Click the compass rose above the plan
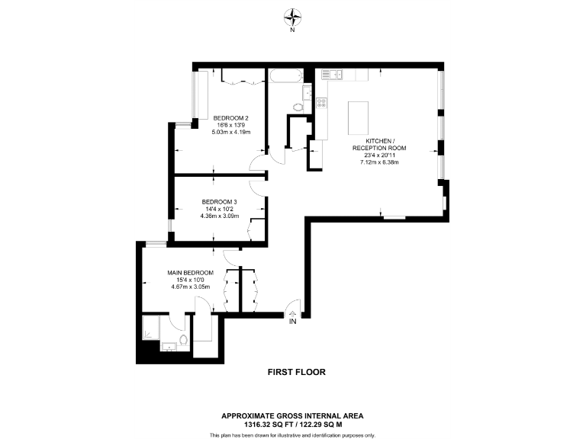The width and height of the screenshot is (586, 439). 292,16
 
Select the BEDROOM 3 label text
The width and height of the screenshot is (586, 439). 220,201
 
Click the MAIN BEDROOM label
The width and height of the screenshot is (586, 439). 191,272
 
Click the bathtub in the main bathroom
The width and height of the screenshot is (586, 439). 286,76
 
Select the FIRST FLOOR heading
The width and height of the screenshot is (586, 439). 296,373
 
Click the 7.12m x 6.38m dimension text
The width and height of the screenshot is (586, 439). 379,162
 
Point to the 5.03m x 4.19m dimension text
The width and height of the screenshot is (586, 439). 231,133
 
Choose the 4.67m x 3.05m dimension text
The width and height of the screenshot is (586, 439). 191,287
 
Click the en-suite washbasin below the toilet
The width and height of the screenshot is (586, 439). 169,347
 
